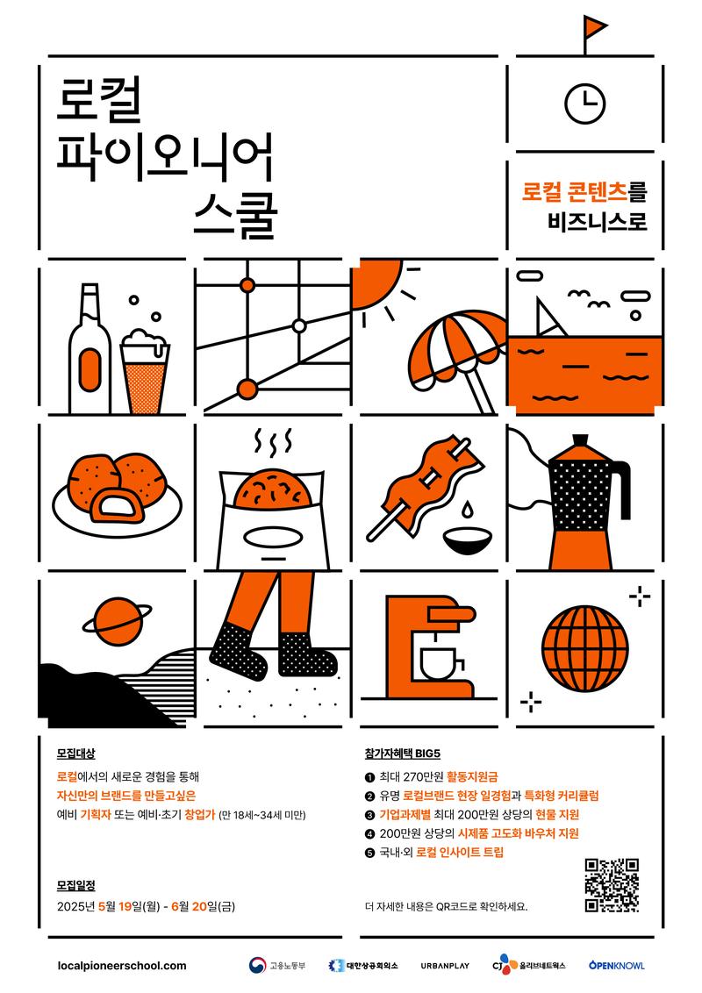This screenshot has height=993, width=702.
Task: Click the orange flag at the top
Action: [x=594, y=27]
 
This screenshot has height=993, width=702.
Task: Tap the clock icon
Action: [x=584, y=104]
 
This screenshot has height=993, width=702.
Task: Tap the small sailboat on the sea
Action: [x=549, y=317]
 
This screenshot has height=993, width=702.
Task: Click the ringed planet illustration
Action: [x=118, y=621]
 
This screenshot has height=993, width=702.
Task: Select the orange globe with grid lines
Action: [x=584, y=650]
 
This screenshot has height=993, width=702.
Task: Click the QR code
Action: [x=612, y=885]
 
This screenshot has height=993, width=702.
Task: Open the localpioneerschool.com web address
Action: [x=122, y=966]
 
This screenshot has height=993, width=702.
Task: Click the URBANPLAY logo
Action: [x=445, y=966]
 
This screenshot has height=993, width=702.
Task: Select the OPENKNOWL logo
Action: [x=617, y=965]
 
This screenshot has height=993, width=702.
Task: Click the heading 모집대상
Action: [x=76, y=754]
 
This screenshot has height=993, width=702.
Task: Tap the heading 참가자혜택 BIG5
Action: [x=402, y=754]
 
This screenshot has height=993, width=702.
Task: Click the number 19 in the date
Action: [x=125, y=906]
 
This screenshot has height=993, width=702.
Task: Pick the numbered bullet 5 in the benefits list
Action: [x=370, y=853]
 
